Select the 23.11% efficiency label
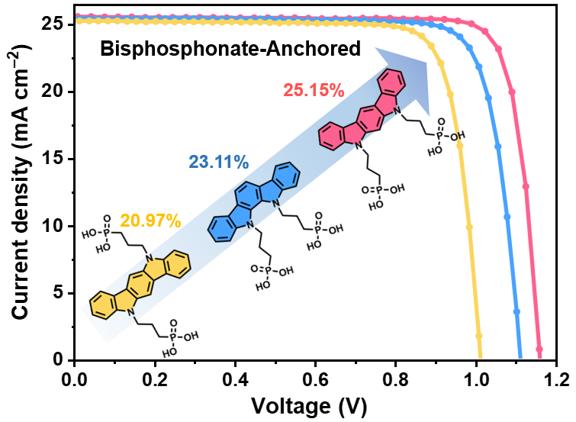click(x=218, y=162)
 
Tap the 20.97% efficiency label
click(x=150, y=221)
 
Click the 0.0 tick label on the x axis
click(x=74, y=378)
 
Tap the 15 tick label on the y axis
click(x=55, y=159)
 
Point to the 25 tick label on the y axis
click(x=55, y=24)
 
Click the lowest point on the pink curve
click(x=539, y=350)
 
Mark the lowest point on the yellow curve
click(x=479, y=336)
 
